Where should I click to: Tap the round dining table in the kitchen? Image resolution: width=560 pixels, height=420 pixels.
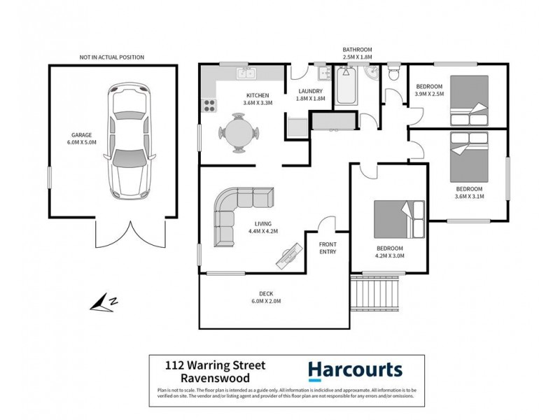coord(239,132)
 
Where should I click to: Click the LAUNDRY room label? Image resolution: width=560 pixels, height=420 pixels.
coord(309,91)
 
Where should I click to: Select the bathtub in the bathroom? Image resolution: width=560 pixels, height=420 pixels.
coord(346,87)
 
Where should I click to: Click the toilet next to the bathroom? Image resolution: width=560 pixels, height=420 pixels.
coord(393,72)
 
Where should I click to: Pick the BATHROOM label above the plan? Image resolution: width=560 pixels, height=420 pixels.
coord(357,50)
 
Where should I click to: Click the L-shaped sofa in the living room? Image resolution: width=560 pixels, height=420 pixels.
coord(237,212)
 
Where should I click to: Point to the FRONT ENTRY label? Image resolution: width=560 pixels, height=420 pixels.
coord(328,248)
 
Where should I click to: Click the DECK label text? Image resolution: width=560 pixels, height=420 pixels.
coord(265,294)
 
